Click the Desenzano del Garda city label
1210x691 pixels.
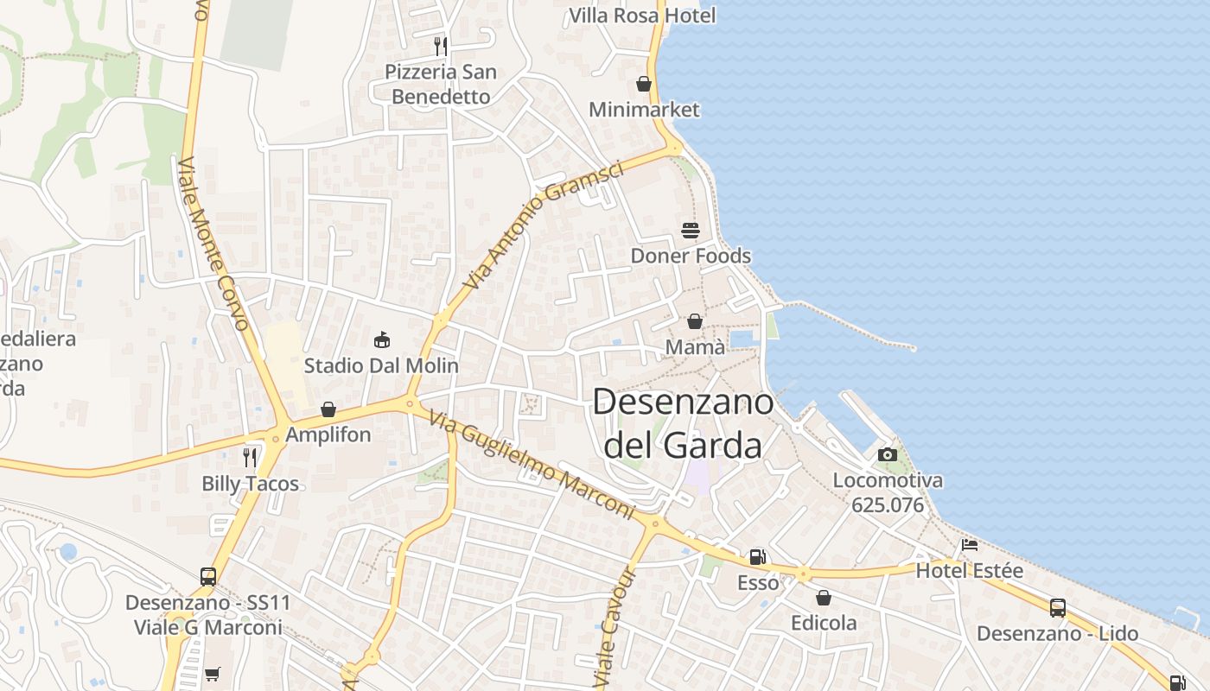tap(683, 423)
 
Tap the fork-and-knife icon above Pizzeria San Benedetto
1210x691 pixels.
tap(441, 46)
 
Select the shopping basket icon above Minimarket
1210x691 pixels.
tap(644, 84)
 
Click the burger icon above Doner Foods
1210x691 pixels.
tap(691, 230)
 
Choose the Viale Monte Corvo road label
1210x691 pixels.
tap(213, 244)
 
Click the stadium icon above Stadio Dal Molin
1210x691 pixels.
tap(381, 339)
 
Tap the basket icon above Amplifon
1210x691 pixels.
tap(328, 409)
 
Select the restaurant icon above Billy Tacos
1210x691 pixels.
tap(250, 458)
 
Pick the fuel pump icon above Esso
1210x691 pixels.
tap(757, 557)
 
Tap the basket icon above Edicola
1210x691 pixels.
tap(824, 598)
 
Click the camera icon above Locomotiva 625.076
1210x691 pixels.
tap(888, 454)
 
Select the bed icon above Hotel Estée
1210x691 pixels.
tap(970, 546)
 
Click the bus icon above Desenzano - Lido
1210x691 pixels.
tap(1057, 608)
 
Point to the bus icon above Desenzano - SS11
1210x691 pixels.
tap(208, 576)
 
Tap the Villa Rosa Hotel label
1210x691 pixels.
tap(642, 16)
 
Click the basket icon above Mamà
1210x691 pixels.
tap(695, 321)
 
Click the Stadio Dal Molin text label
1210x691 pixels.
tap(381, 365)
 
